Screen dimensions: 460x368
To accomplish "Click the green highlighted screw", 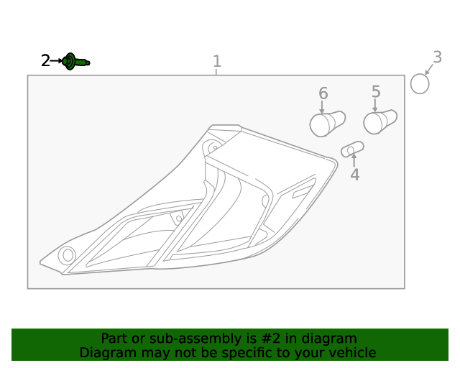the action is coord(75,62).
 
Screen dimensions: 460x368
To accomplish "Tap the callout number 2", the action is coord(45,61).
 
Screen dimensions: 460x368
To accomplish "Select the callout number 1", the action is coord(217,61).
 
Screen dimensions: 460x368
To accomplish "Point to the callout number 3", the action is coord(437,57).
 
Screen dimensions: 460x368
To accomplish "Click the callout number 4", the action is coord(355,175).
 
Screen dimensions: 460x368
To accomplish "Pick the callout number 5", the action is coord(376,91).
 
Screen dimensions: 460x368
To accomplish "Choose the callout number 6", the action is coord(323,93).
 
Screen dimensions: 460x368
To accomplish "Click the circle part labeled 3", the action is coord(420,84).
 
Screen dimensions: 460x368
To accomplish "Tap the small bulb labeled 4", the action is coord(352,149).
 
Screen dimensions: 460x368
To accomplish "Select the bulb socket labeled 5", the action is coord(380,121).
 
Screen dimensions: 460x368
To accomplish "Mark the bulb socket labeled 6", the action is coord(328,124).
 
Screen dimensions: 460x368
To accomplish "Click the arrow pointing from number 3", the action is coord(429,69).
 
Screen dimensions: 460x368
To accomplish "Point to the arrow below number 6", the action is coord(322,107).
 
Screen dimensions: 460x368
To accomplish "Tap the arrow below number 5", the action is coord(375,106).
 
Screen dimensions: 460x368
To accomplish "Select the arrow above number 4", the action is coord(354,160).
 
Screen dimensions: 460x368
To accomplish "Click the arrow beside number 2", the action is coord(56,61).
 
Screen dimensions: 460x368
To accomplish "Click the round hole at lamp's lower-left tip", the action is coord(67,254).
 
